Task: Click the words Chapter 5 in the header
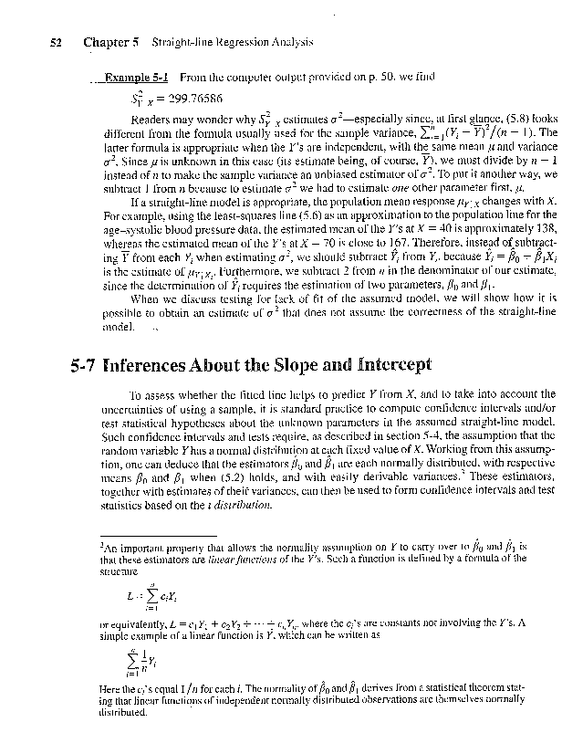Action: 109,42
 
